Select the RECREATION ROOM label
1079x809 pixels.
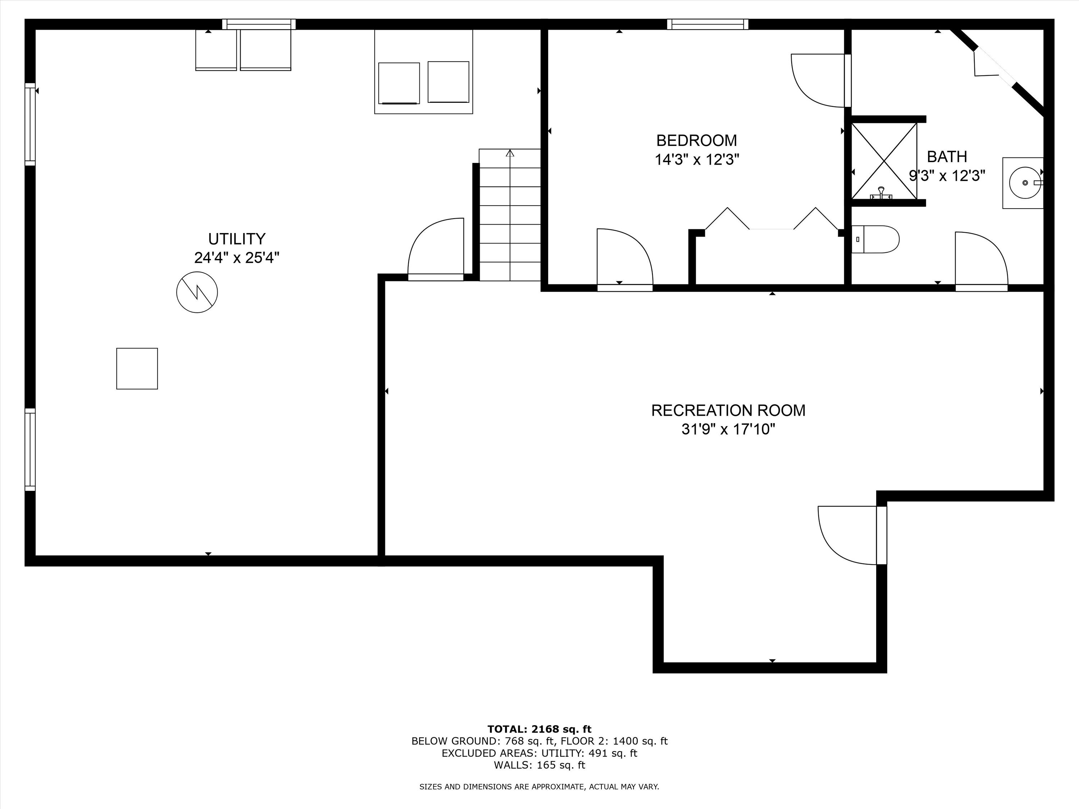coord(728,410)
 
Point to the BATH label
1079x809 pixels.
coord(947,156)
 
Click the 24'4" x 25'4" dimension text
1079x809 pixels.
coord(237,257)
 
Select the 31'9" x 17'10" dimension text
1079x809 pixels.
coord(728,429)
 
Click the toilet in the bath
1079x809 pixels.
coord(875,239)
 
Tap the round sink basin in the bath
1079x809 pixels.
coord(1025,182)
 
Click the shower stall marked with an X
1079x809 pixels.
coord(884,161)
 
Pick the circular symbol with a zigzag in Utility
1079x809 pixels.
coord(197,292)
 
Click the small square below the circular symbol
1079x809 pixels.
coord(137,369)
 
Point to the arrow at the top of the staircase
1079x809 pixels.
coord(510,153)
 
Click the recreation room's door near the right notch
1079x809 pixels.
coord(852,535)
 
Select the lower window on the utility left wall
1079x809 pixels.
coord(30,449)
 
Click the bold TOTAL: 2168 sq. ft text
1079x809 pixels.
coord(539,729)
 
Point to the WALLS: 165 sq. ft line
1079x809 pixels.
coord(539,765)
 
